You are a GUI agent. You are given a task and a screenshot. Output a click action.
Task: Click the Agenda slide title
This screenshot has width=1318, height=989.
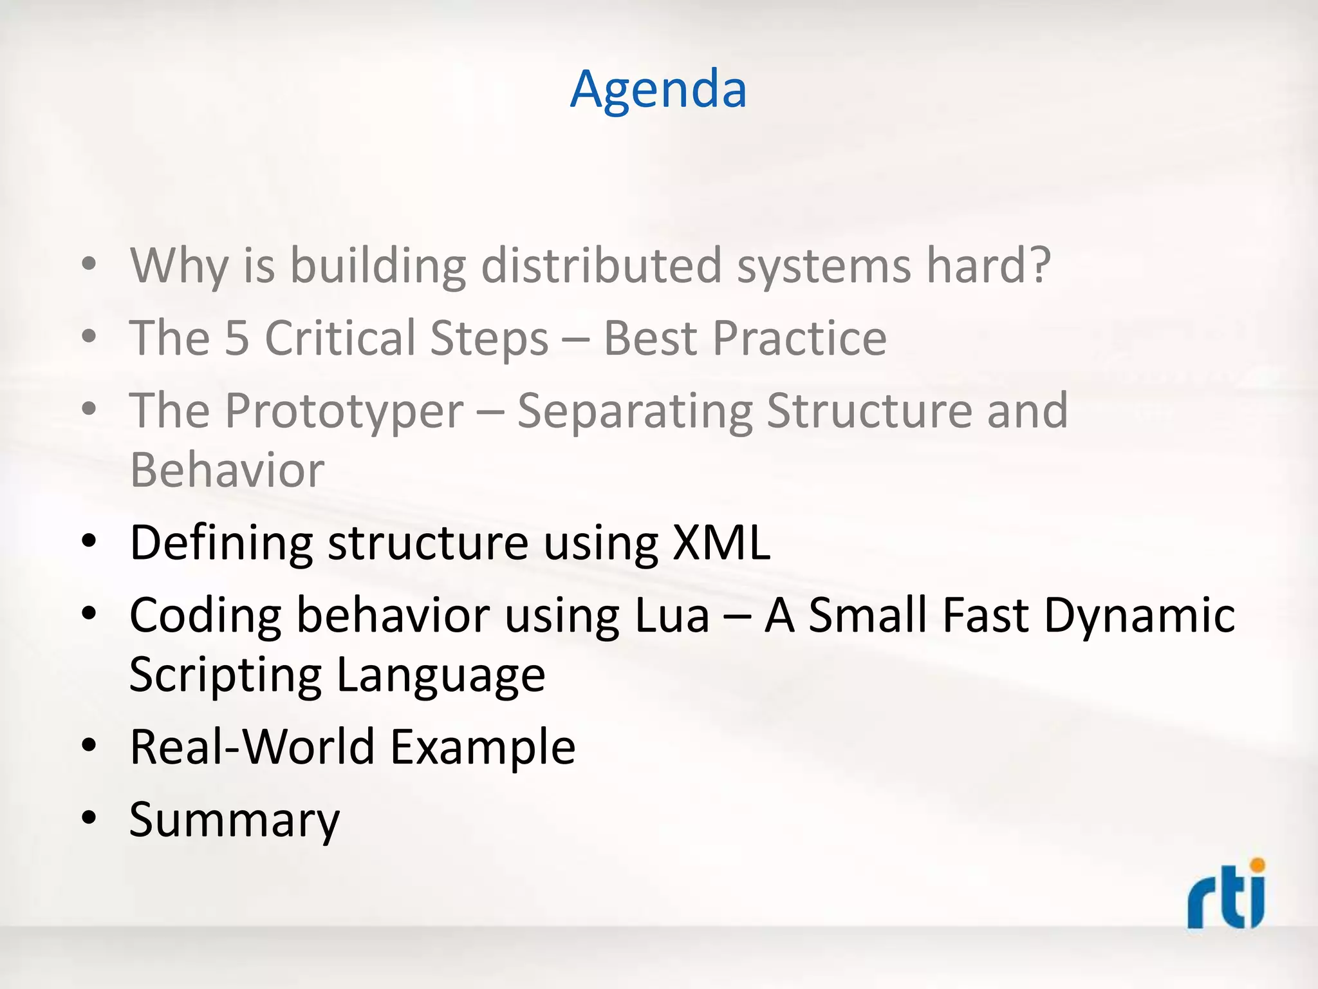tap(658, 90)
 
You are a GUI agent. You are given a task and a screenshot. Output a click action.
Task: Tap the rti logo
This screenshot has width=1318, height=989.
tap(1226, 895)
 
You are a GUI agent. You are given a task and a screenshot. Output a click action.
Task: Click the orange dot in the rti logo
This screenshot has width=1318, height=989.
tap(1257, 865)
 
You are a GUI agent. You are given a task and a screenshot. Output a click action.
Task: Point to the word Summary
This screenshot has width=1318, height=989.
tap(234, 820)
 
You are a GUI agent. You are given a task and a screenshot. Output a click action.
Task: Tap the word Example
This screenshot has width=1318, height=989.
tap(483, 747)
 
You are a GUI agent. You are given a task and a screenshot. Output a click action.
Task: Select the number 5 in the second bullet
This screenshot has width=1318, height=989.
tap(237, 339)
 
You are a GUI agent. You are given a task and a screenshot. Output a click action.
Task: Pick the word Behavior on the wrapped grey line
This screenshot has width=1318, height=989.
tap(227, 471)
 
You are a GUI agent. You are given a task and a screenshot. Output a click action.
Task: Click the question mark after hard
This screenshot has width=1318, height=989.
tap(1037, 265)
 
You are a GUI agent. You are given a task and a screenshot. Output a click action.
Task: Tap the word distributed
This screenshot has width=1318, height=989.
tap(601, 265)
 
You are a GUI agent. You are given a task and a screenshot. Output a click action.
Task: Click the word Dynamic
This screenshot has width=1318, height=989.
tap(1139, 616)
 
